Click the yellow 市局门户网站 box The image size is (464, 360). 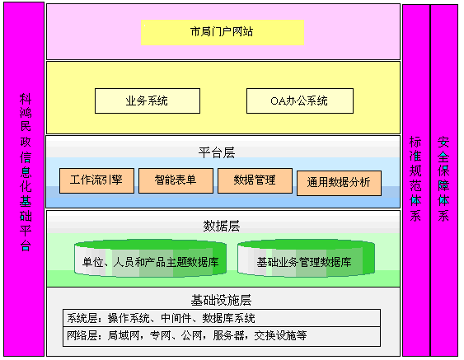click(223, 32)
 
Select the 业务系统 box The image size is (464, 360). click(148, 101)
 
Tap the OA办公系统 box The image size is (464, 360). click(300, 101)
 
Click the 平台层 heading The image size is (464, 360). click(217, 153)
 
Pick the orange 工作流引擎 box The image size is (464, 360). click(96, 180)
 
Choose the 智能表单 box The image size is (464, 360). click(176, 180)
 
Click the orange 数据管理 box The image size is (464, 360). click(255, 180)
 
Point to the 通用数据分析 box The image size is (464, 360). click(339, 183)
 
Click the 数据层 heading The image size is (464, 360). click(222, 226)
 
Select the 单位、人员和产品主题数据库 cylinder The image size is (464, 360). click(150, 259)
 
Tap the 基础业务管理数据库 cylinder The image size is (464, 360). click(307, 259)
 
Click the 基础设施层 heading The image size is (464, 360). click(222, 300)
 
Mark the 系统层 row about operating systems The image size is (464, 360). click(222, 318)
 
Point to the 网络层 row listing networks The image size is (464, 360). click(222, 336)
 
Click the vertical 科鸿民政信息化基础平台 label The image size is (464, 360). click(26, 172)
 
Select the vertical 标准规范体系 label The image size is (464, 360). click(415, 179)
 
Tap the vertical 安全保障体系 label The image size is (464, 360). click(443, 179)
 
